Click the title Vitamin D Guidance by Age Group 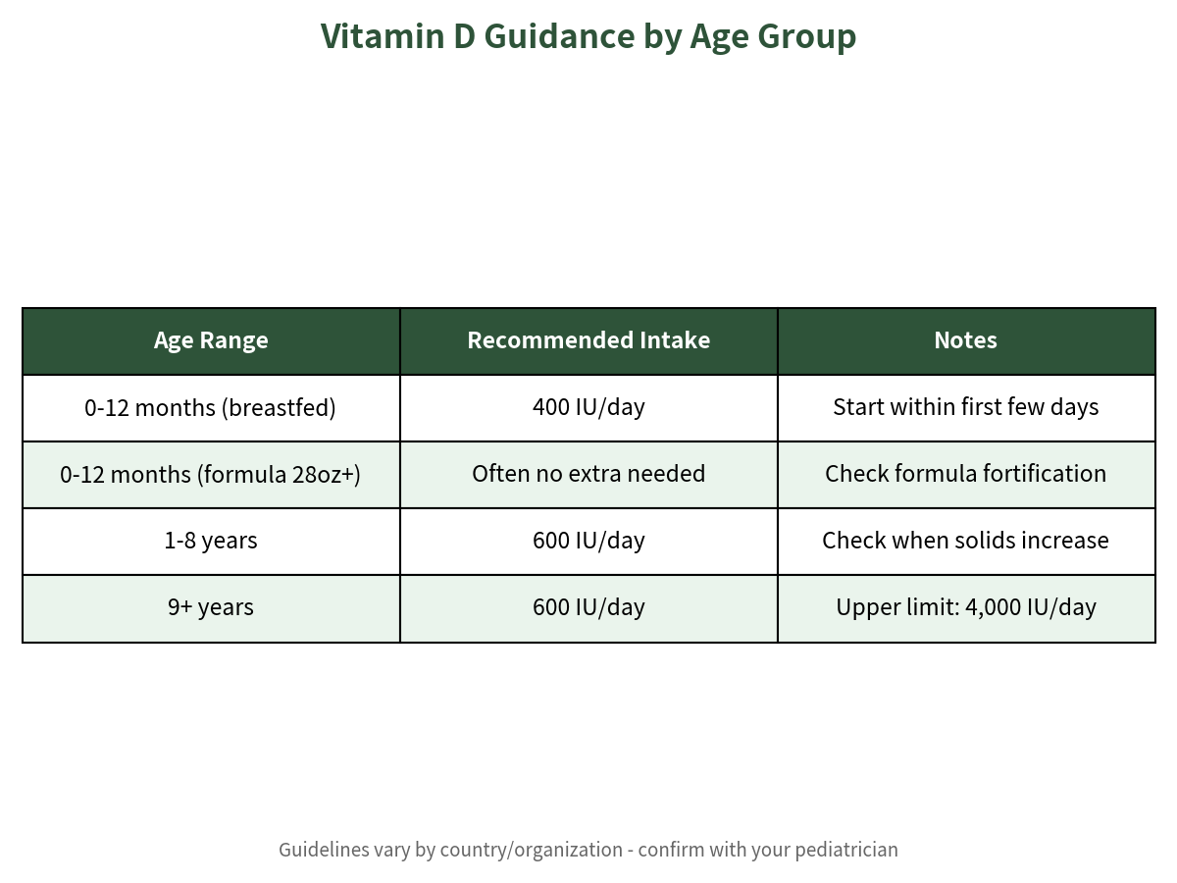pos(588,36)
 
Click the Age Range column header pos(211,341)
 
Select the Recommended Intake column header pos(588,341)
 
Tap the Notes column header pos(966,341)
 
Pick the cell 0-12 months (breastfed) pos(211,408)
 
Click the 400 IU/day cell pos(588,408)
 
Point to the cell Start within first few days pos(966,408)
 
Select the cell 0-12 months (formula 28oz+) pos(211,475)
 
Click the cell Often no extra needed pos(588,475)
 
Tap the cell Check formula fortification pos(966,475)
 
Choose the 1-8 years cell pos(211,542)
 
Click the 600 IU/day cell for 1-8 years pos(588,542)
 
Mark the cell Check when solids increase pos(966,542)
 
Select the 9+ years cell pos(211,608)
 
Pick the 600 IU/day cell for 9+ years pos(588,608)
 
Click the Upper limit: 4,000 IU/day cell pos(966,608)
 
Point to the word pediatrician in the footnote pos(846,851)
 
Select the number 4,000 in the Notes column pos(993,608)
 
